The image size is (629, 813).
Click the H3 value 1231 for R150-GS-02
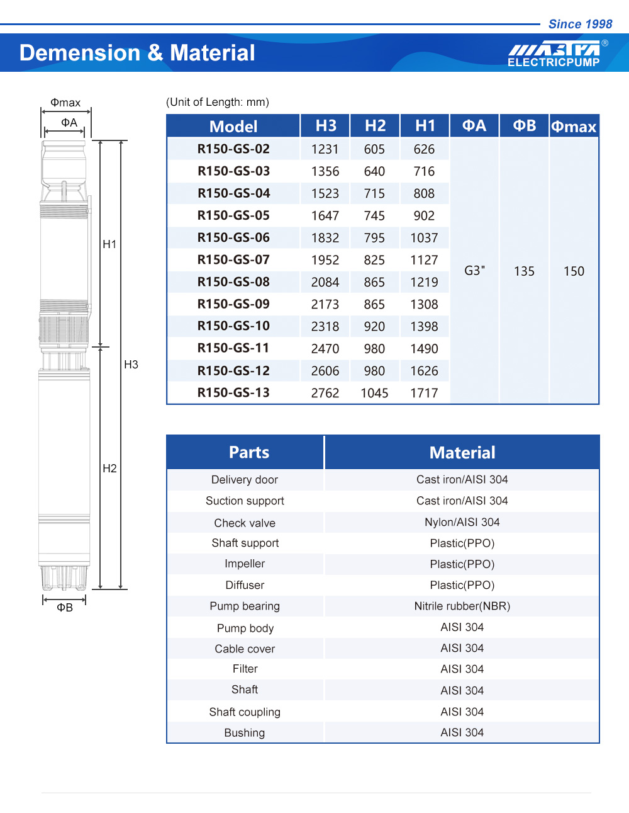pos(325,149)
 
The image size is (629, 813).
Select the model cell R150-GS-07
pos(233,259)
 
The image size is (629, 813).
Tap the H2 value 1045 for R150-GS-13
pos(374,393)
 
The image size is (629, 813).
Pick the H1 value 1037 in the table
pos(424,238)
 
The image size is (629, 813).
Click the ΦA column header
pos(474,126)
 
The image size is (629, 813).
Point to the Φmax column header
pos(574,127)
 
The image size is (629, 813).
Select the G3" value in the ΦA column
pos(474,271)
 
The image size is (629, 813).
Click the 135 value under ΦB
pos(524,271)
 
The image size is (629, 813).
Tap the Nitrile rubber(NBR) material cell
pos(462,606)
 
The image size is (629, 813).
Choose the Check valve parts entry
pos(245,523)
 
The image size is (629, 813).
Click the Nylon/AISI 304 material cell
pos(462,522)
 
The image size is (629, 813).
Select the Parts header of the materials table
pos(249,452)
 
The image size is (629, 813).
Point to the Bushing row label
pos(245,732)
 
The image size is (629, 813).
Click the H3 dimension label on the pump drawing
pos(131,365)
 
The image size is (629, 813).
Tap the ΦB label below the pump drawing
pos(65,608)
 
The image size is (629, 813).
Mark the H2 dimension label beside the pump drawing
pos(109,469)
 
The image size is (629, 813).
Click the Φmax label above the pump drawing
pos(65,103)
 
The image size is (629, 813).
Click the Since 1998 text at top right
pos(580,24)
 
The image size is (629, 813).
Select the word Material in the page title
pos(213,53)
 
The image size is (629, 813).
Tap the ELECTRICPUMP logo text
pos(554,62)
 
